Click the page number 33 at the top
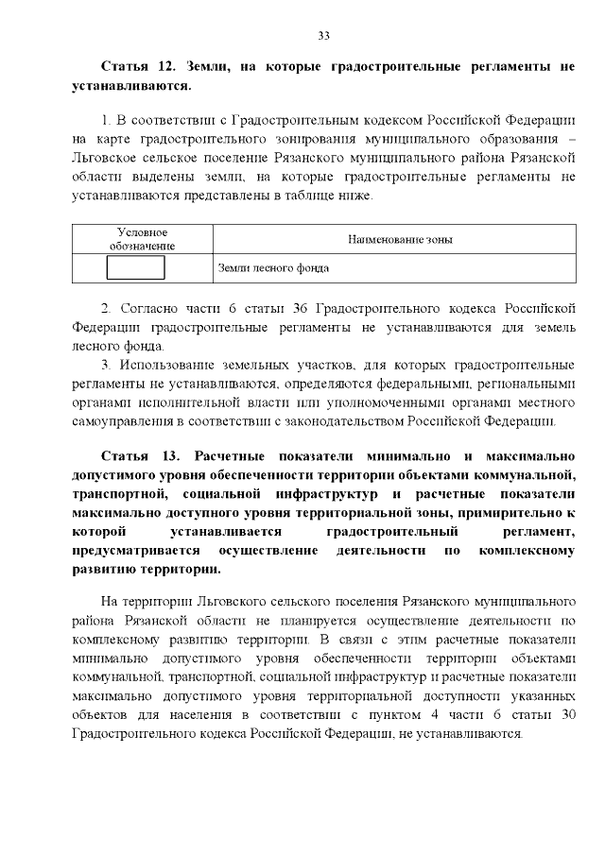coord(322,35)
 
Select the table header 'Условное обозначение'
coord(142,239)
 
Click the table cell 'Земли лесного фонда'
coord(273,268)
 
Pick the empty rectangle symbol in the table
coord(136,268)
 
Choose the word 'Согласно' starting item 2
coord(146,309)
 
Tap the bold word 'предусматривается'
coord(136,550)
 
